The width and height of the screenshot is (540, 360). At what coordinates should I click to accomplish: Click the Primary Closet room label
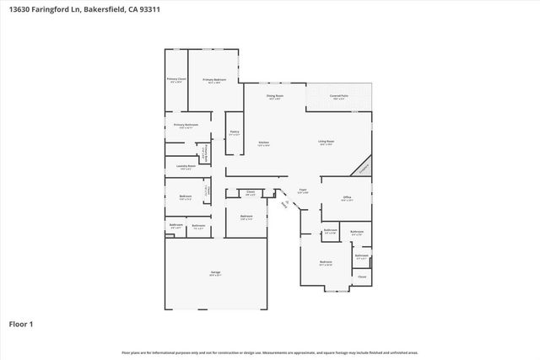pos(175,80)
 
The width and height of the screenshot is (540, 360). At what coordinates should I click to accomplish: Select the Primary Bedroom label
pos(212,80)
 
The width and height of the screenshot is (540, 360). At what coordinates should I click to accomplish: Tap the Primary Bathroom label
pos(186,126)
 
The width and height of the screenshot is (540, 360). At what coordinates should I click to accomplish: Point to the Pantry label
pos(234,132)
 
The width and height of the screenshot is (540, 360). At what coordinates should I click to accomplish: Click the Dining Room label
pos(275,96)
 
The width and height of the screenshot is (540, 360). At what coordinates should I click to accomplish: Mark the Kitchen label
pos(263,142)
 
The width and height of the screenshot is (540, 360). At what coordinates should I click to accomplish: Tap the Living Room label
pos(327,142)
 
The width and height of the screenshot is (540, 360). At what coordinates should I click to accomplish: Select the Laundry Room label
pos(186,167)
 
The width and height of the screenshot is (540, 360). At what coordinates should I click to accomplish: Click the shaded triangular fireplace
pos(364,167)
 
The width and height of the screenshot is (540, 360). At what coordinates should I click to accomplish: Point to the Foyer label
pos(302,191)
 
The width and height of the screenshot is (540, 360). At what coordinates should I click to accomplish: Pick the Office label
pos(347,199)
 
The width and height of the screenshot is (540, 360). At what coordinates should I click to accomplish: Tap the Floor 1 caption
pos(21,323)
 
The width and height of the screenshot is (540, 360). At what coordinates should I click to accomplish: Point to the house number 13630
pos(20,10)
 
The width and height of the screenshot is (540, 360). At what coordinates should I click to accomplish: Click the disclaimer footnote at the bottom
pos(269,352)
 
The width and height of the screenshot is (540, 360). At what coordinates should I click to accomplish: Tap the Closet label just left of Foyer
pos(251,192)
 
